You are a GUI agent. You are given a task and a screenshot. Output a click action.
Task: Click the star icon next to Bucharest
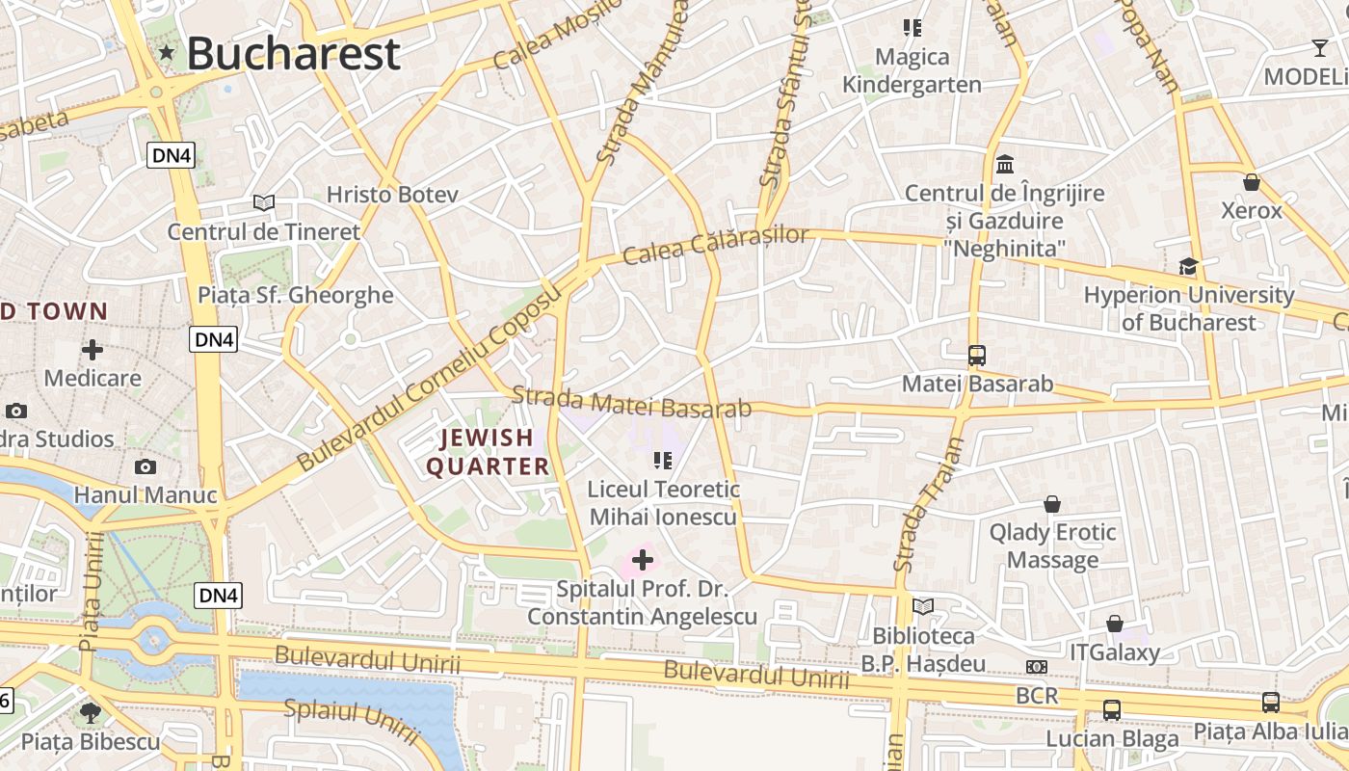[x=167, y=52]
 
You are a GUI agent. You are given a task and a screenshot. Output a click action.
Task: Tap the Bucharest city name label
[x=293, y=53]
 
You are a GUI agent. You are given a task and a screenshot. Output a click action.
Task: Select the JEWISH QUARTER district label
[x=488, y=452]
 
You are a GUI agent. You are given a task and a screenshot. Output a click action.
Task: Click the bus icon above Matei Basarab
[x=977, y=355]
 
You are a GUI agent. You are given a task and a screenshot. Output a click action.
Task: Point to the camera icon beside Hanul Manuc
[x=145, y=467]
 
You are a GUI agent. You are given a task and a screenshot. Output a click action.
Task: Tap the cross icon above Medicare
[x=93, y=349]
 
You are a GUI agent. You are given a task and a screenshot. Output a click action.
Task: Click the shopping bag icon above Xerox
[x=1252, y=181]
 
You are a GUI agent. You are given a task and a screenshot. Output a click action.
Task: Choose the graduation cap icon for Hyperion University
[x=1188, y=266]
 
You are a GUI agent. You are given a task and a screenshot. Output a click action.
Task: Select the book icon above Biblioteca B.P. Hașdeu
[x=923, y=606]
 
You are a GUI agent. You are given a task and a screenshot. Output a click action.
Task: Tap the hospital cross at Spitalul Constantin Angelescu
[x=642, y=560]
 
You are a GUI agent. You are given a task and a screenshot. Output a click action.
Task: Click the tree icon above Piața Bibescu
[x=91, y=713]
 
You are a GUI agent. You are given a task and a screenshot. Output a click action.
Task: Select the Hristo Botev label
[x=392, y=194]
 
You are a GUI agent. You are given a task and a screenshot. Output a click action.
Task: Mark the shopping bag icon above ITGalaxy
[x=1115, y=624]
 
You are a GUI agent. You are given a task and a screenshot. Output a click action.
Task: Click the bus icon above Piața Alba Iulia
[x=1271, y=703]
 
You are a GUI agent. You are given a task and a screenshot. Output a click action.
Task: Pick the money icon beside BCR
[x=1037, y=667]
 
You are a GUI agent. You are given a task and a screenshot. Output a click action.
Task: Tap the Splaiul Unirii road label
[x=352, y=721]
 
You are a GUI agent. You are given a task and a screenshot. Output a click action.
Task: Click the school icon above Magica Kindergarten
[x=912, y=28]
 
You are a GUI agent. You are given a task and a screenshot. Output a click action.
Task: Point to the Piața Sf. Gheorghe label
[x=296, y=295]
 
